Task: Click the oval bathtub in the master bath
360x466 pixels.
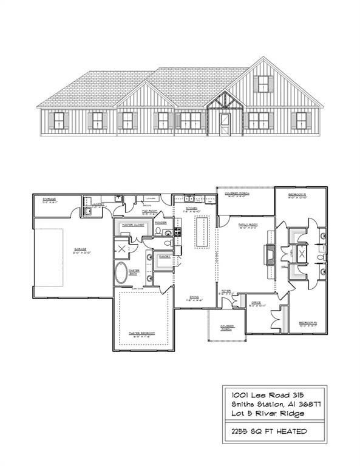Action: click(123, 274)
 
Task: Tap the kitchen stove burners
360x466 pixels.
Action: click(178, 231)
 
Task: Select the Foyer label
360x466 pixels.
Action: click(226, 291)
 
